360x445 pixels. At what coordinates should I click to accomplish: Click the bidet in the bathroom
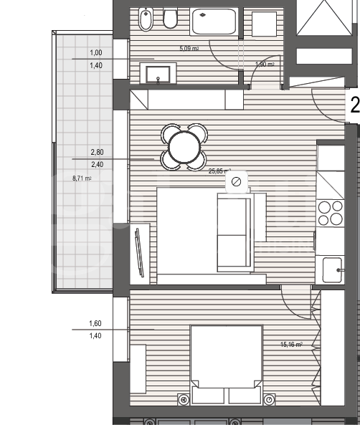[146, 20]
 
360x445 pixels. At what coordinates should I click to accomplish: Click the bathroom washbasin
[156, 73]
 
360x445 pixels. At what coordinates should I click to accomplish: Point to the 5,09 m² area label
[189, 49]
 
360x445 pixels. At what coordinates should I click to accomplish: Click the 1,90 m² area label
[265, 64]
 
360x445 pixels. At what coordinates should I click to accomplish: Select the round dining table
[184, 148]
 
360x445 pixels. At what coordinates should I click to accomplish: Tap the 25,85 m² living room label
[219, 171]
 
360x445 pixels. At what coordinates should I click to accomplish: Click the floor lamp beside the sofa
[236, 183]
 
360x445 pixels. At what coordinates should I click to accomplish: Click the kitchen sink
[332, 270]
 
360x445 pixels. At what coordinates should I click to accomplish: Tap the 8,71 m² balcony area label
[82, 178]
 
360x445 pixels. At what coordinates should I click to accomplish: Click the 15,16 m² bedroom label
[290, 345]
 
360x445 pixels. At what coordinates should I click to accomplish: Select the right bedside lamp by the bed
[269, 399]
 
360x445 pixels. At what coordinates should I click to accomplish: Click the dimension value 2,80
[96, 153]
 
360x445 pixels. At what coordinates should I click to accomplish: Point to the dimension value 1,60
[95, 323]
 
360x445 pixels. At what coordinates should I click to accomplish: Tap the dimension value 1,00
[95, 53]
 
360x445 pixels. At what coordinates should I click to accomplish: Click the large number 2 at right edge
[354, 106]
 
